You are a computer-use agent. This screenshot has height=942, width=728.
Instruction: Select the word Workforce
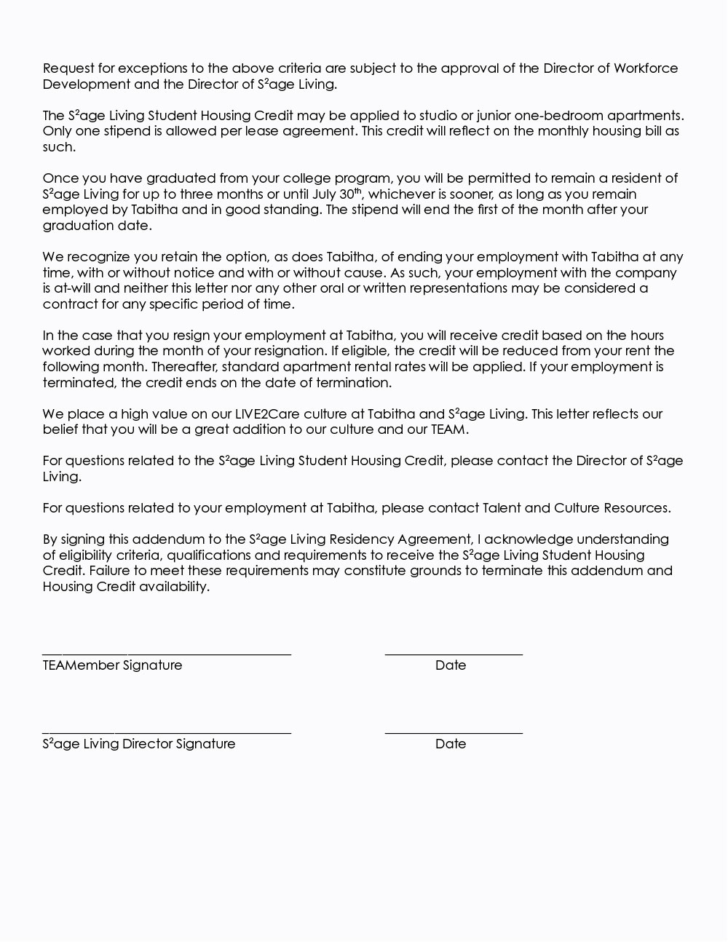pos(646,68)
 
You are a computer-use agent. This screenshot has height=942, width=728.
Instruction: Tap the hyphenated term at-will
pos(73,288)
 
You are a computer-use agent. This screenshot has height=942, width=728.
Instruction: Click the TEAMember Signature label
pos(112,665)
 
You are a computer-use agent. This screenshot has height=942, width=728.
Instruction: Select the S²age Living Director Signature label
pos(139,744)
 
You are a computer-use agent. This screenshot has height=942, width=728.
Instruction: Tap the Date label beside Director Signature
pos(451,744)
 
